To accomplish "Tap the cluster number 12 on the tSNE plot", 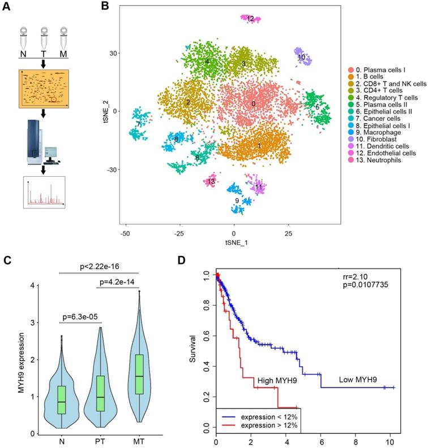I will click(x=250, y=19).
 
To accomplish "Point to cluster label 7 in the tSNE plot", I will click(x=138, y=124).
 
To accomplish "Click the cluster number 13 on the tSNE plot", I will click(x=211, y=181).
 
